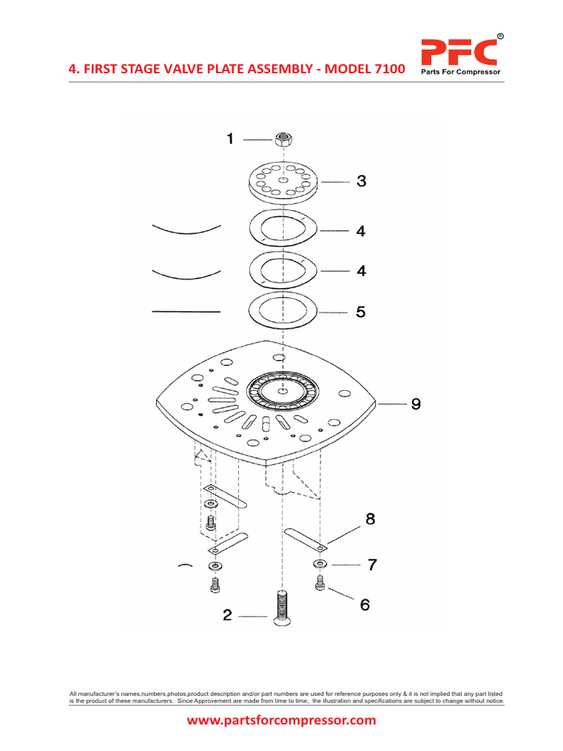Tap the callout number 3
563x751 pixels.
click(x=361, y=182)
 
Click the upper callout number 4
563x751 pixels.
click(x=361, y=231)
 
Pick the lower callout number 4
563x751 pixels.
click(x=361, y=271)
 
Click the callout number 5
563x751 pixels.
click(x=361, y=312)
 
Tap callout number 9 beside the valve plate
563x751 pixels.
click(x=416, y=403)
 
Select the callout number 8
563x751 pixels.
click(x=370, y=519)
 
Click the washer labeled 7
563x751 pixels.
click(x=320, y=564)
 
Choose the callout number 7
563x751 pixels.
click(x=372, y=565)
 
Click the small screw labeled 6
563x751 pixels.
click(x=320, y=583)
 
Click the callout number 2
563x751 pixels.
click(x=227, y=616)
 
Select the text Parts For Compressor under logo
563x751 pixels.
click(x=459, y=73)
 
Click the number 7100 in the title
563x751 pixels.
click(x=384, y=69)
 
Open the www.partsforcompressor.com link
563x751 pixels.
click(x=281, y=720)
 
